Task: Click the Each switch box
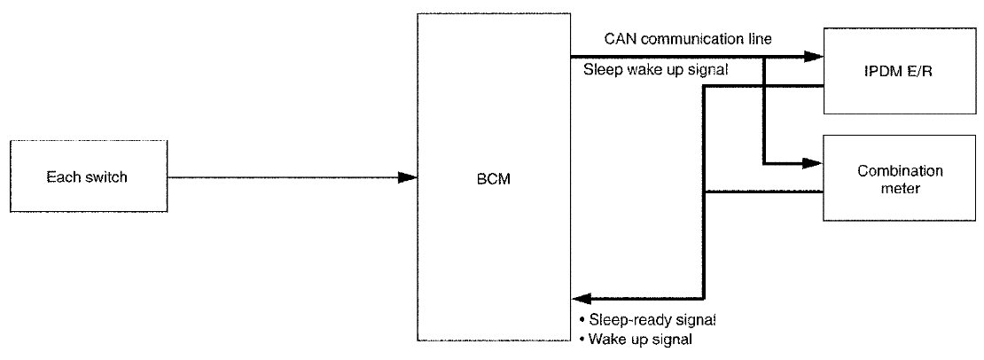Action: [87, 177]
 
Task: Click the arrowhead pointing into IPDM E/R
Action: [814, 57]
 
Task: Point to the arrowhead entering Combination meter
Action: [814, 163]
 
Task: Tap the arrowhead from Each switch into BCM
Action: [407, 177]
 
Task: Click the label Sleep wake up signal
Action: [656, 71]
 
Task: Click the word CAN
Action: [619, 39]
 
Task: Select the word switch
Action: [105, 177]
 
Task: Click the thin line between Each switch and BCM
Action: [284, 177]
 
